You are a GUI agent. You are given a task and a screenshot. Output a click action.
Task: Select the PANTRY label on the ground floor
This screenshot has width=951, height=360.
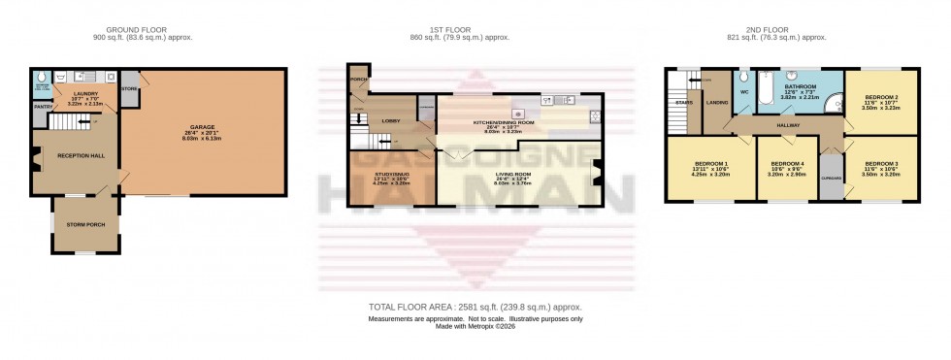click(x=42, y=108)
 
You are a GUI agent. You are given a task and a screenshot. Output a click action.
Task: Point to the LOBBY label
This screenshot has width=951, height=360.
click(x=391, y=119)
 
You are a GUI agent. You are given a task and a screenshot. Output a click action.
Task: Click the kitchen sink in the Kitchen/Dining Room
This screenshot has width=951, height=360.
click(x=546, y=99)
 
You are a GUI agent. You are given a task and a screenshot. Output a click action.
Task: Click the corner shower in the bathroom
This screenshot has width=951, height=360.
click(x=834, y=109)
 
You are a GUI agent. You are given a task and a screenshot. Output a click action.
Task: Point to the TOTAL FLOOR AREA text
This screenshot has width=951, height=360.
click(x=475, y=308)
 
